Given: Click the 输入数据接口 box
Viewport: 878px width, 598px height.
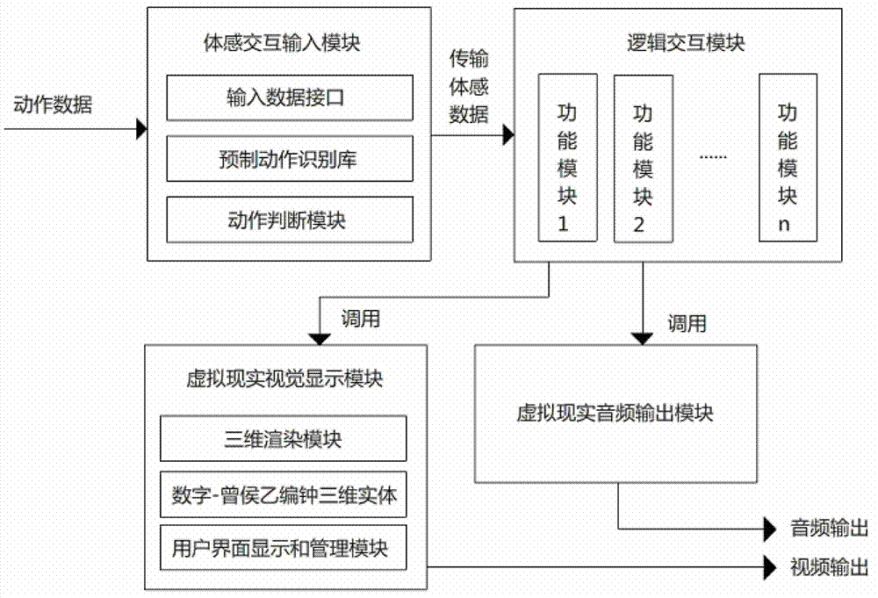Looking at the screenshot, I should tap(289, 98).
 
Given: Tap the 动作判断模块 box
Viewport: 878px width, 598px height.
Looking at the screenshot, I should tap(289, 220).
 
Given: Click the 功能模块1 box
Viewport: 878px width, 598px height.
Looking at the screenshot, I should tap(567, 157).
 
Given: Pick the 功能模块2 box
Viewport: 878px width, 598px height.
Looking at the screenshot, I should tap(643, 157).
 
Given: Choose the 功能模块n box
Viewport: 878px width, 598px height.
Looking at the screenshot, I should tap(788, 157).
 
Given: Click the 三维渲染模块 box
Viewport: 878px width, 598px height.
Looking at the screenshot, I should tap(284, 438).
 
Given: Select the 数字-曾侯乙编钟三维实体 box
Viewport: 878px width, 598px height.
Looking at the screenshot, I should tap(284, 496).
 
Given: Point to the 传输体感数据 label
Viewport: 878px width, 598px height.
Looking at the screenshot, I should tap(470, 87).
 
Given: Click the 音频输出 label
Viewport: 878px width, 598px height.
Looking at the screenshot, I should tap(830, 529).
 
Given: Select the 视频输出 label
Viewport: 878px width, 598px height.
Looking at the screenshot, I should tap(830, 566).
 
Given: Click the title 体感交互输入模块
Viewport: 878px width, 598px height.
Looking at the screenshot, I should tap(289, 42).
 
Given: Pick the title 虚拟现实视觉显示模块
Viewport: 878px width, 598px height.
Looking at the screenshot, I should tap(284, 380).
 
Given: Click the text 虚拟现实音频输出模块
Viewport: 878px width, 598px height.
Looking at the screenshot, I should tap(615, 413).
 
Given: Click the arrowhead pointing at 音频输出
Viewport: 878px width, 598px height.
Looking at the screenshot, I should tap(772, 530).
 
